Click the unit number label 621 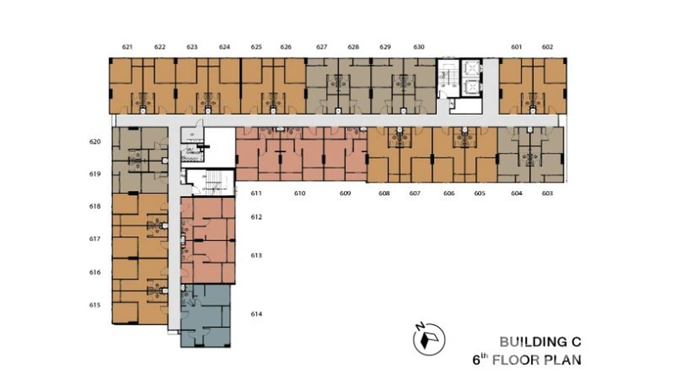(x=128, y=47)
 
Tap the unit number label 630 (x=419, y=47)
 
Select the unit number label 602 (x=547, y=47)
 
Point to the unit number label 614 (x=257, y=314)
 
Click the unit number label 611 (x=257, y=193)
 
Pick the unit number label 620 (x=95, y=141)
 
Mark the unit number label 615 (x=95, y=305)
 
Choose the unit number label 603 (x=547, y=193)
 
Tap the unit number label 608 (x=384, y=193)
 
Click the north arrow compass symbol (x=429, y=339)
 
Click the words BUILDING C (x=540, y=342)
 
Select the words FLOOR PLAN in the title (x=536, y=360)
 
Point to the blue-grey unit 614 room (x=206, y=315)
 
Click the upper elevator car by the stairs (x=471, y=69)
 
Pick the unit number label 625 (x=257, y=47)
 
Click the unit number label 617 (x=95, y=239)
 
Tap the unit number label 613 (x=257, y=256)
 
